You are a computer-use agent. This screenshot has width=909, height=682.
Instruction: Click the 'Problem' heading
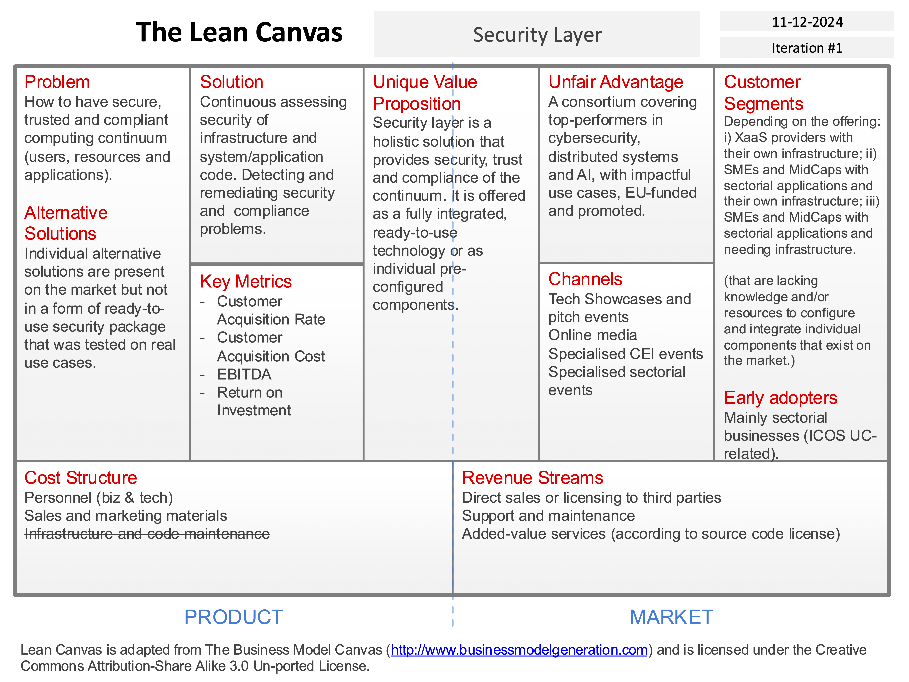click(57, 82)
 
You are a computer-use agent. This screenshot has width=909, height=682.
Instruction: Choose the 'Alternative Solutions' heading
click(66, 223)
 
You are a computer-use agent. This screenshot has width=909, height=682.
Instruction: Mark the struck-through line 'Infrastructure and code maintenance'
click(147, 534)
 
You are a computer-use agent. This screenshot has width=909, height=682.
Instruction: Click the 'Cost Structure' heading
click(81, 478)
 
